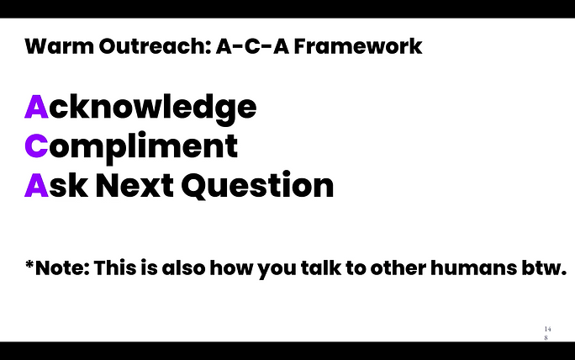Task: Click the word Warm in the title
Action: click(x=60, y=46)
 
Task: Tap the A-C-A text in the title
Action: click(x=252, y=46)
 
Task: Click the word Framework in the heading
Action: click(x=358, y=46)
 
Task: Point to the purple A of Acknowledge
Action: click(x=36, y=107)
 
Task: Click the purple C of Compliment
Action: click(x=36, y=146)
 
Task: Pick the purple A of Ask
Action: click(x=36, y=185)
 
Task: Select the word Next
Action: click(x=135, y=185)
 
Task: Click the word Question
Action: click(x=257, y=185)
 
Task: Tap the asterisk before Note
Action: click(x=29, y=265)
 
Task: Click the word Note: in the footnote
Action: click(x=62, y=267)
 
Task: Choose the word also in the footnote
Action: click(x=183, y=267)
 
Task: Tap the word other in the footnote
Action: click(x=398, y=267)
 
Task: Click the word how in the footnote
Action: click(x=231, y=267)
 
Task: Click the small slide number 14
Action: click(x=547, y=329)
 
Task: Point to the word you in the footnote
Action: click(x=277, y=270)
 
